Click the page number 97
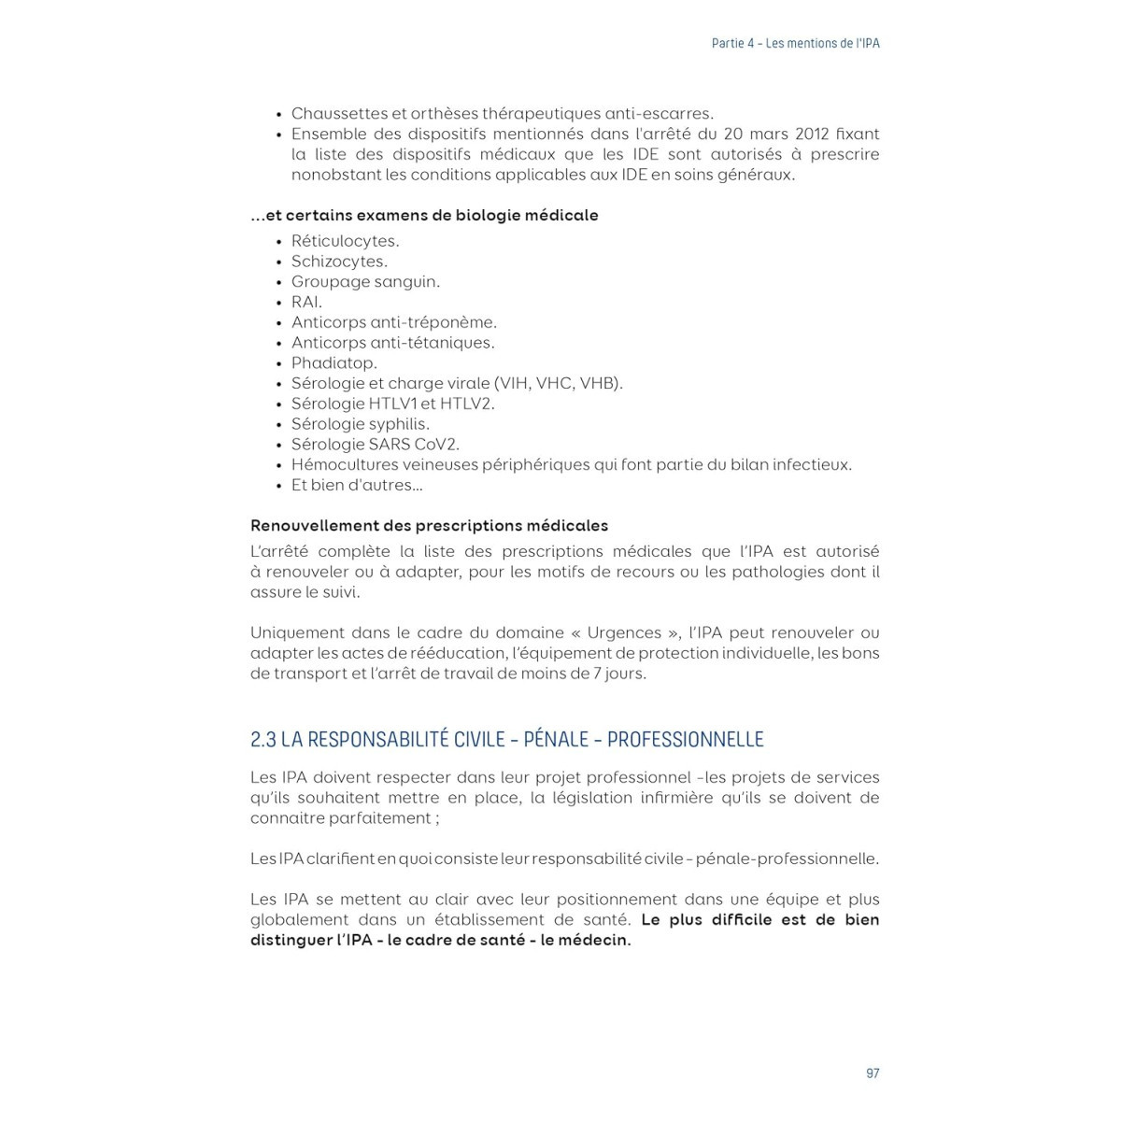873,1073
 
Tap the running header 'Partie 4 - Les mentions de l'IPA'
795,44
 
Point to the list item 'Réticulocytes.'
345,241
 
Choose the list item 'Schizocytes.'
339,262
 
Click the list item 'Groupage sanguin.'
365,282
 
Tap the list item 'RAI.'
306,303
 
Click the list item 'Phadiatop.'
334,363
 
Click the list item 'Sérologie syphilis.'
361,424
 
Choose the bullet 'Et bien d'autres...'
357,486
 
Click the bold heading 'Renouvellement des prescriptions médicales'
429,526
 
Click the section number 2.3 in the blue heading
263,740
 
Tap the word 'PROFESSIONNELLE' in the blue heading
685,740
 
